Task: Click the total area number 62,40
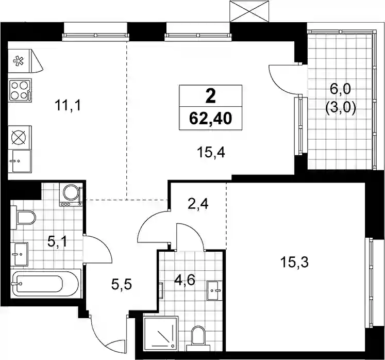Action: click(210, 119)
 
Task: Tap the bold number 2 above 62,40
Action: click(210, 96)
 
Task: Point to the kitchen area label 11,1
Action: click(68, 106)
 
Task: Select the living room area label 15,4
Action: click(211, 153)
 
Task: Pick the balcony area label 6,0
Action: click(341, 89)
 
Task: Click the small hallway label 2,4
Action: click(198, 204)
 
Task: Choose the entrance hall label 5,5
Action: click(122, 285)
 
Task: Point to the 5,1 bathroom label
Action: click(57, 242)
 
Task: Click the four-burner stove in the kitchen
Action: click(20, 90)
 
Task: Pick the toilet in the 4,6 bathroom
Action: click(198, 338)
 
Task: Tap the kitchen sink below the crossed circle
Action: click(20, 161)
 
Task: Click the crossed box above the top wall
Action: click(249, 11)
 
